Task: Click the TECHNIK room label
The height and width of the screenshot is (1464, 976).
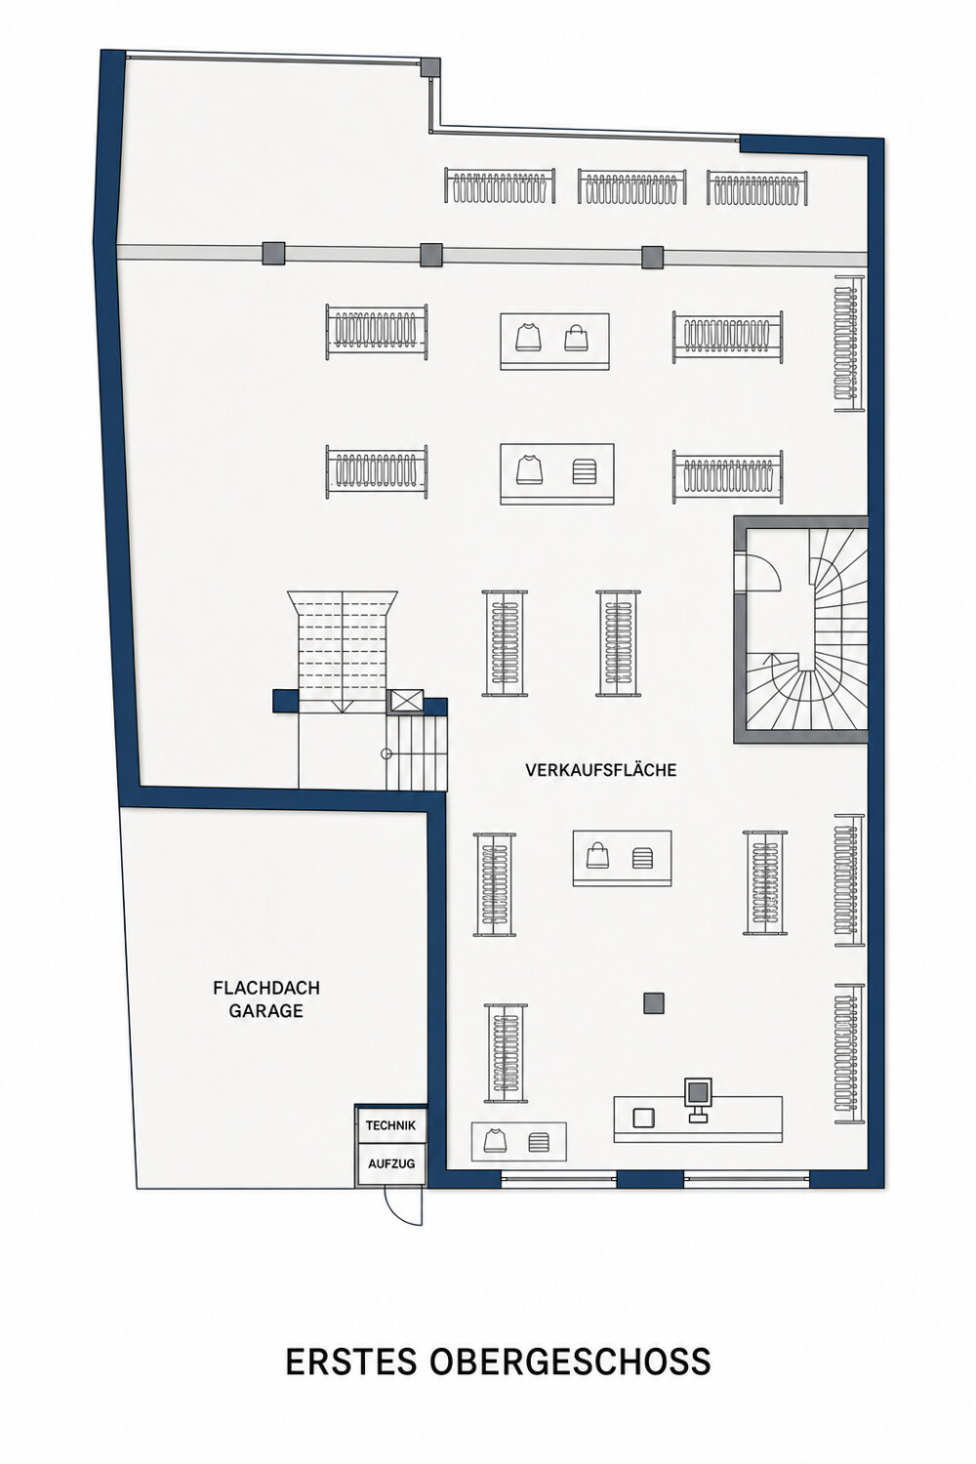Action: tap(390, 1124)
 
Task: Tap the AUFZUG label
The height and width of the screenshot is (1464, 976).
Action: tap(391, 1163)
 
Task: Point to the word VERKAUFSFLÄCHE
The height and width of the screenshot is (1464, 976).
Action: tap(601, 770)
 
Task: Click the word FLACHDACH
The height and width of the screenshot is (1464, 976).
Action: tap(266, 988)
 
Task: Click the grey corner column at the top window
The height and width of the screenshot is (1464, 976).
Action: tap(429, 66)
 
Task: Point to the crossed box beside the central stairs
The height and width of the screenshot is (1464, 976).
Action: tap(407, 701)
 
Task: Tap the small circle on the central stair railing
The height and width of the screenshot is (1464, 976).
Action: tap(386, 753)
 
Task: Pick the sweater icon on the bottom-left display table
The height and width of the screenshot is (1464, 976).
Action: tap(495, 1139)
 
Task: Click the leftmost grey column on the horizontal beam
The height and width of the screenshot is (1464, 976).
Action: tap(273, 253)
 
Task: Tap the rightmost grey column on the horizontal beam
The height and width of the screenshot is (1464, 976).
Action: tap(652, 258)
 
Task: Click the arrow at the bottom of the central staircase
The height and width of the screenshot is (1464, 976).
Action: tap(343, 706)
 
